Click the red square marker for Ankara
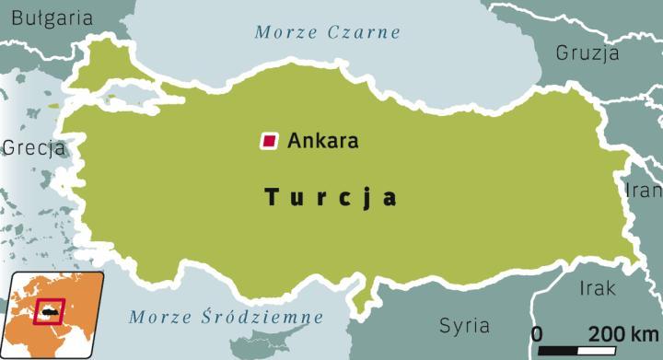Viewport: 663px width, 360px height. point(269,141)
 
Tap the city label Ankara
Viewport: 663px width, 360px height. point(322,142)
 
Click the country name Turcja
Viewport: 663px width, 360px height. point(331,197)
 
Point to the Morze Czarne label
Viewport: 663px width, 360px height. point(328,32)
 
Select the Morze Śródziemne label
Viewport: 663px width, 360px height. point(226,318)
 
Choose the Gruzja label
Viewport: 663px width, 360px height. point(587,52)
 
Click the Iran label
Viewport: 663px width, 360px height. point(644,191)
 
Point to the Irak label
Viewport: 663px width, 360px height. point(598,289)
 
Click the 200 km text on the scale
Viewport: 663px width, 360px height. point(623,332)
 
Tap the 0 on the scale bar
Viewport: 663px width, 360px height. point(538,332)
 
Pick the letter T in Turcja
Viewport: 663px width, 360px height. point(271,197)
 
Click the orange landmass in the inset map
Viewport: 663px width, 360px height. point(78,295)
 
